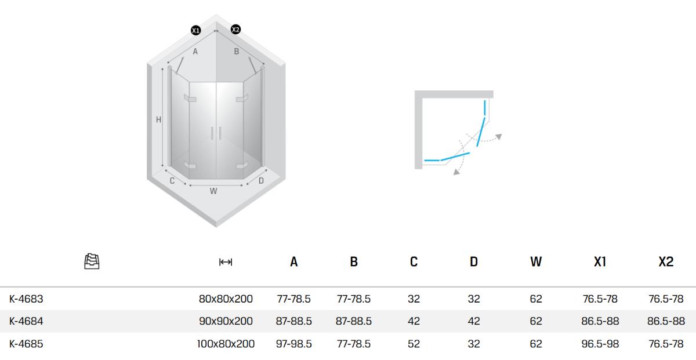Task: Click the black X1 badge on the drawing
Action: [196, 30]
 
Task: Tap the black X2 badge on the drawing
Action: [235, 30]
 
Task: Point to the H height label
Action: [158, 119]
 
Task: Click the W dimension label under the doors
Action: [213, 191]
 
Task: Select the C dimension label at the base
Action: [172, 181]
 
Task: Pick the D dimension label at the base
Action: [261, 181]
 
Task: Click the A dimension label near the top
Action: [195, 52]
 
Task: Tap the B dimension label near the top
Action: [237, 52]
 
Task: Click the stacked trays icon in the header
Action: [92, 261]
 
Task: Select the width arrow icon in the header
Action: [226, 262]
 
